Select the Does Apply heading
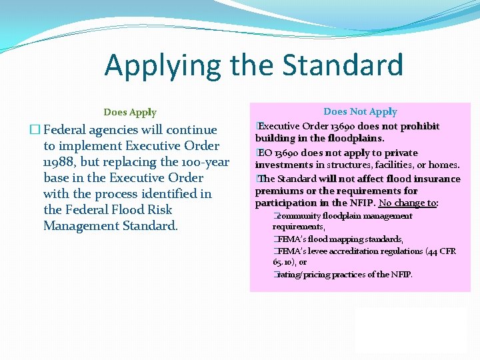click(x=130, y=112)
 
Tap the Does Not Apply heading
click(x=360, y=111)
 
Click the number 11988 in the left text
click(x=58, y=162)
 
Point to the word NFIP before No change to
click(x=363, y=203)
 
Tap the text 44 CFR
click(x=440, y=251)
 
